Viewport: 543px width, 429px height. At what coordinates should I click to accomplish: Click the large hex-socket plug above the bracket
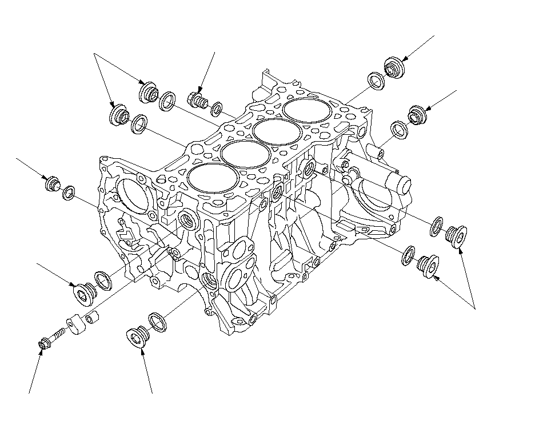pyautogui.click(x=85, y=291)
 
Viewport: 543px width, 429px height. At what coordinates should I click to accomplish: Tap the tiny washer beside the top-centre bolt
pyautogui.click(x=217, y=107)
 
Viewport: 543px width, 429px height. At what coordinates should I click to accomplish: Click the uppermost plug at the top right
pyautogui.click(x=393, y=66)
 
